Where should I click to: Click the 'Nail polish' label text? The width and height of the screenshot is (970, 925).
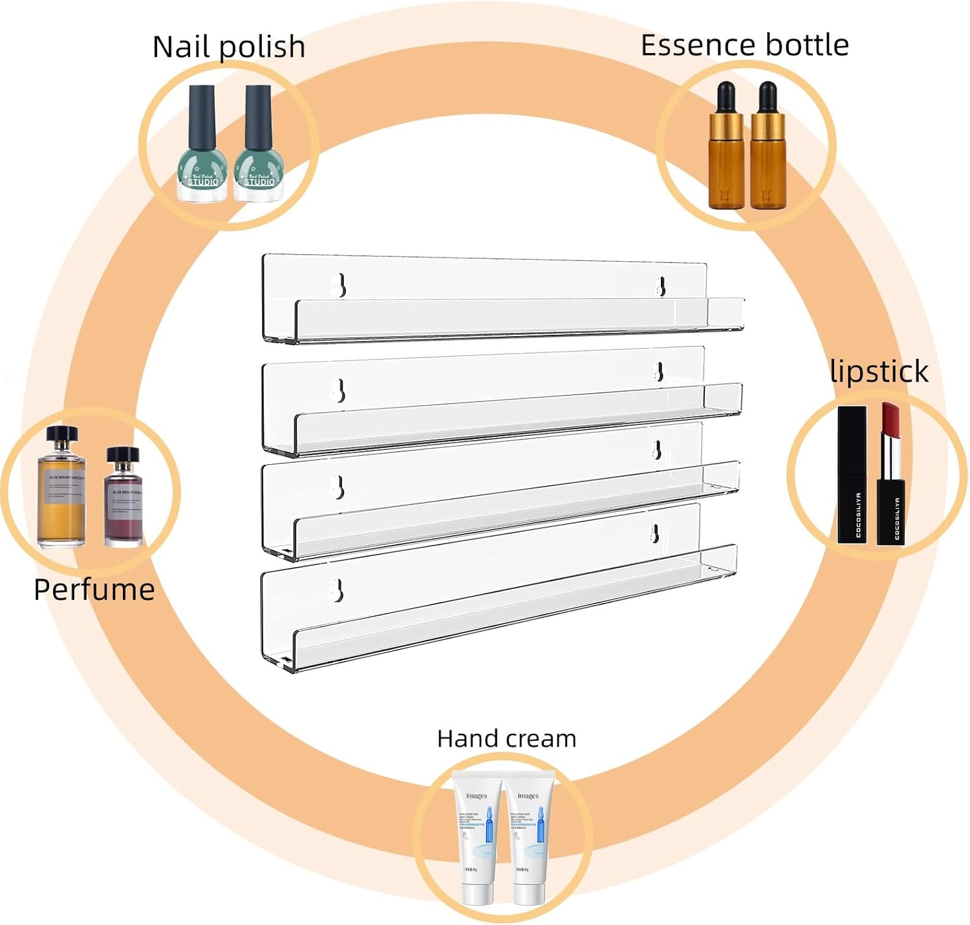[x=228, y=47]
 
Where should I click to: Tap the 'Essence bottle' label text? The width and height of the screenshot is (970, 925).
[x=744, y=45]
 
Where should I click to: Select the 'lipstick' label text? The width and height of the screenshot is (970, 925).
[x=879, y=372]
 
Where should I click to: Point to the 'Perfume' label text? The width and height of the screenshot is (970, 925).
[x=94, y=590]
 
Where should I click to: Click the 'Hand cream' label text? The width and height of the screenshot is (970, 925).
[x=506, y=738]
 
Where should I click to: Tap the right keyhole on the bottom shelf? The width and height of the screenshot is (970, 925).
[x=654, y=533]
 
